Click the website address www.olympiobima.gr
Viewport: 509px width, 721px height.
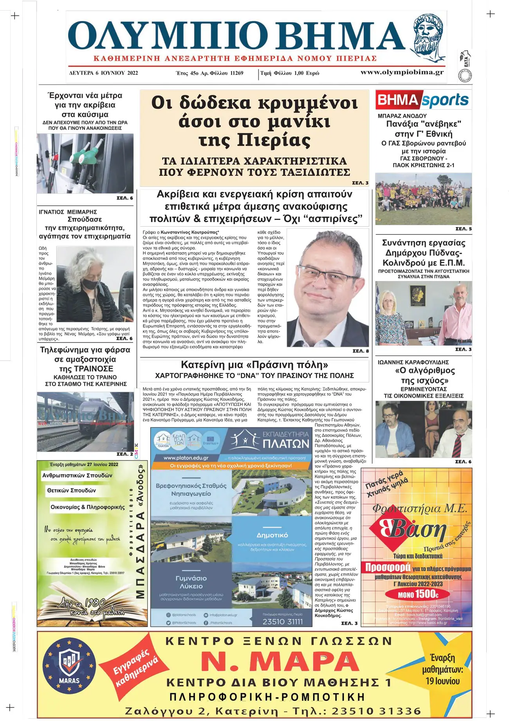click(x=402, y=72)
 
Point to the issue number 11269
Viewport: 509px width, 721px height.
click(x=236, y=73)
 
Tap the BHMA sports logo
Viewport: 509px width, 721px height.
click(x=423, y=100)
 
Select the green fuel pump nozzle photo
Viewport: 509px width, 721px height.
click(x=85, y=163)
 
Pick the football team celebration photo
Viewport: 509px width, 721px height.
click(x=423, y=198)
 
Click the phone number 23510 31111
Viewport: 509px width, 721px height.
click(x=282, y=622)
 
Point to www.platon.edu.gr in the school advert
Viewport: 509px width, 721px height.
click(x=186, y=458)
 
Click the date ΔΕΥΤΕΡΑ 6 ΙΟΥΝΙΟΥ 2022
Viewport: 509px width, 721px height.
click(x=103, y=73)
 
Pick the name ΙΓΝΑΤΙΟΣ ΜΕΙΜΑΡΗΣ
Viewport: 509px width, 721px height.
click(x=68, y=212)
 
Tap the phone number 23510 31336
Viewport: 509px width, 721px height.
click(x=376, y=711)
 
